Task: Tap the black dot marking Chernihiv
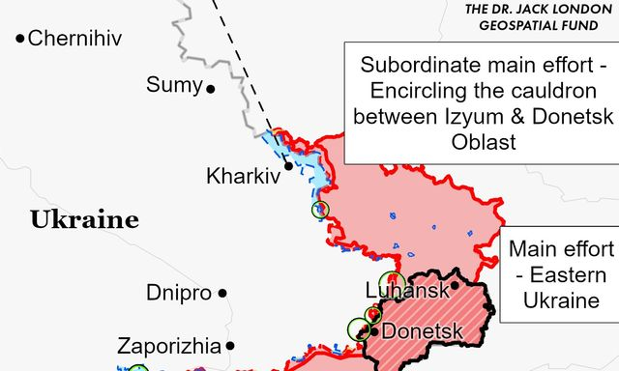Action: pyautogui.click(x=19, y=39)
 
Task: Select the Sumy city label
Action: pyautogui.click(x=174, y=85)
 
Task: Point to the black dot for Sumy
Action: pyautogui.click(x=210, y=88)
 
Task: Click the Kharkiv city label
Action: pyautogui.click(x=243, y=177)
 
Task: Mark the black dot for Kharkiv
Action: pyautogui.click(x=287, y=165)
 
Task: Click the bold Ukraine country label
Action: pyautogui.click(x=84, y=220)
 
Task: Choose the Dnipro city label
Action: pyautogui.click(x=179, y=292)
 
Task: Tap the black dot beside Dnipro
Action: pyautogui.click(x=222, y=293)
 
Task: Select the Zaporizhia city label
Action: pyautogui.click(x=168, y=345)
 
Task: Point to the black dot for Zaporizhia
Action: pyautogui.click(x=229, y=345)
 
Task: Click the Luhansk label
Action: pyautogui.click(x=407, y=291)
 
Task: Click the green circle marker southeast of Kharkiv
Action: pyautogui.click(x=321, y=210)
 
